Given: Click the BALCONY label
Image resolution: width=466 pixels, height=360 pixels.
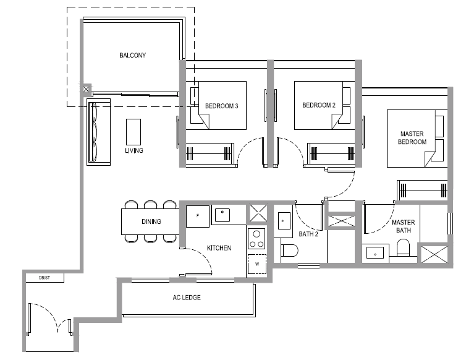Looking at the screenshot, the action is (x=132, y=55).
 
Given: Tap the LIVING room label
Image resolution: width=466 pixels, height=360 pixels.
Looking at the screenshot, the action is (x=134, y=150).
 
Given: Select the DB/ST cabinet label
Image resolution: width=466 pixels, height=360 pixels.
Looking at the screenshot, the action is (x=44, y=278).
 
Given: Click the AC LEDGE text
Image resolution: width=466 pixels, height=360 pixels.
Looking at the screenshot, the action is (x=187, y=298).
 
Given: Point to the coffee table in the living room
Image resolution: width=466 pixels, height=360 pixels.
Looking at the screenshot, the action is (x=133, y=132).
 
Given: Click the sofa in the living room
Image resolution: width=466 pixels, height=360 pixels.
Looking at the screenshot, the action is (x=99, y=132).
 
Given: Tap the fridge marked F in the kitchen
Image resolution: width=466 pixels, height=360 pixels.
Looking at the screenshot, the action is (x=198, y=216).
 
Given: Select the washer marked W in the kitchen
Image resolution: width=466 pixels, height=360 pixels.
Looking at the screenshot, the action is (x=257, y=264).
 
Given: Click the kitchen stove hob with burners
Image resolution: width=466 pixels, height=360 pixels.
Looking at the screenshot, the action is (x=256, y=239).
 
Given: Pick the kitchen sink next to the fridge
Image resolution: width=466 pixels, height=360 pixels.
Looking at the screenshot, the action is (x=222, y=215).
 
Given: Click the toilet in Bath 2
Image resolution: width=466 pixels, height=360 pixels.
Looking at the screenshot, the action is (x=289, y=251).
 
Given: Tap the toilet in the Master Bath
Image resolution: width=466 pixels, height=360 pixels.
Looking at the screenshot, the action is (x=404, y=247).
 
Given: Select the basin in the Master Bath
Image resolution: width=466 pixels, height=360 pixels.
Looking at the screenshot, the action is (x=375, y=253).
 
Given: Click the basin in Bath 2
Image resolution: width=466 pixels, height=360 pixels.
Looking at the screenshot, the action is (x=282, y=221).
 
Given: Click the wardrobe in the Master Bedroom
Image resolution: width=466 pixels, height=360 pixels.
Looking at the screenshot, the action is (x=423, y=190).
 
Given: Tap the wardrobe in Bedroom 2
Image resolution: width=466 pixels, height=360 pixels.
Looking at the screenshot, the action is (x=331, y=153).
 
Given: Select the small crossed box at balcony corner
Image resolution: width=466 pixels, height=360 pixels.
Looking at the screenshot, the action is (x=86, y=89).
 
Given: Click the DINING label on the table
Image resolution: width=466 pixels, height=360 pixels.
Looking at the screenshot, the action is (x=151, y=221).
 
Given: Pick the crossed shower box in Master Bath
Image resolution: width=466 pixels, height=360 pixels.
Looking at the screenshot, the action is (x=434, y=254).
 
